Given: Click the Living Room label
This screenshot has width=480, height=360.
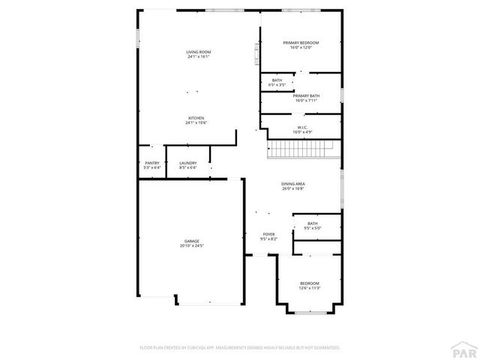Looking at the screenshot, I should click(198, 52).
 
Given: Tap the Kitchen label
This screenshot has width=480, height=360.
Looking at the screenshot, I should click(196, 118).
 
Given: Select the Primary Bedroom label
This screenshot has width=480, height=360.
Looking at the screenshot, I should click(301, 43).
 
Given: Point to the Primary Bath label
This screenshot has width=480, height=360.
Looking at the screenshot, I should click(306, 95).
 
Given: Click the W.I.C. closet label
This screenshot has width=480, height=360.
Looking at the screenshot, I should click(301, 127).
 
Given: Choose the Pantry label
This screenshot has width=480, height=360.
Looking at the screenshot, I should click(151, 163).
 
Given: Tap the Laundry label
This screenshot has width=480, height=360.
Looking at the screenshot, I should click(187, 163).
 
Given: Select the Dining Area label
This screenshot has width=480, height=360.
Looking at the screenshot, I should click(292, 184).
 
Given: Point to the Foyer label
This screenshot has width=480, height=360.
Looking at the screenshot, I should click(268, 234).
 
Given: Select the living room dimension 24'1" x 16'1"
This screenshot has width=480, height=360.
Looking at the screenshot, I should click(198, 56).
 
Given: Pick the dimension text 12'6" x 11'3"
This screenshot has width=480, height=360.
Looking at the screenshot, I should click(310, 287).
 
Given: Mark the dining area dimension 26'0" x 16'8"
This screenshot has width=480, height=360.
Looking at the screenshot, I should click(292, 188).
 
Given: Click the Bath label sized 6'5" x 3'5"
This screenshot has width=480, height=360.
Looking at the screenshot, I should click(277, 80).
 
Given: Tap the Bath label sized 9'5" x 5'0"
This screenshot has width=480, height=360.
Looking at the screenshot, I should click(312, 223).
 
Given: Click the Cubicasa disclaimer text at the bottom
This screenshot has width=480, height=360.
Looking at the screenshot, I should click(240, 347).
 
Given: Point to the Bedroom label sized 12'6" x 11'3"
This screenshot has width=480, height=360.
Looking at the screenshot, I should click(310, 283).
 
